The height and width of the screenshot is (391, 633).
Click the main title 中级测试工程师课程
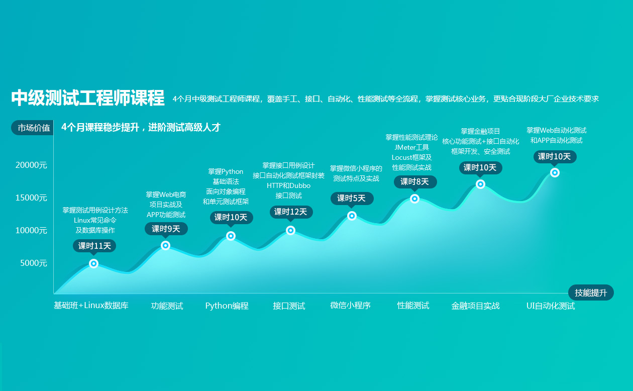click(87, 98)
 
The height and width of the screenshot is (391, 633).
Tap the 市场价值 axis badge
click(33, 128)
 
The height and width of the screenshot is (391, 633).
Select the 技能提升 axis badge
click(591, 292)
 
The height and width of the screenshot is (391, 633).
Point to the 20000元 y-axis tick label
click(31, 165)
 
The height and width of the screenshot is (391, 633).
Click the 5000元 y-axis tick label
click(33, 263)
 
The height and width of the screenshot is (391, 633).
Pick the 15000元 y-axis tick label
click(31, 198)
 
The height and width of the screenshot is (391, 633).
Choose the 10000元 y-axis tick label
click(31, 230)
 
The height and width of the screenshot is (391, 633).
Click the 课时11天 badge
click(94, 246)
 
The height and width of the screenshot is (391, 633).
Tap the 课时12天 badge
click(291, 212)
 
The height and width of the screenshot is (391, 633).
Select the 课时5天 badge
click(352, 198)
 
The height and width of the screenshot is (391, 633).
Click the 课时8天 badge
click(415, 181)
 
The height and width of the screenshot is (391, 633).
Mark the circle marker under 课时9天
click(166, 245)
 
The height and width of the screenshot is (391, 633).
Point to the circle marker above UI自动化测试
click(555, 172)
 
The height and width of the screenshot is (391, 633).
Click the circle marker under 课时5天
click(352, 216)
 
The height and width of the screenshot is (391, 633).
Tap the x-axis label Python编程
click(227, 306)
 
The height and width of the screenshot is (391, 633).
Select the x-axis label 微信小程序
click(351, 306)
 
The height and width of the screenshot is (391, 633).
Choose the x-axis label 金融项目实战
click(475, 306)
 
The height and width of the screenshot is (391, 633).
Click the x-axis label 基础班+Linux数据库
click(91, 306)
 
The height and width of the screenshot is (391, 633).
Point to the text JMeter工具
click(411, 147)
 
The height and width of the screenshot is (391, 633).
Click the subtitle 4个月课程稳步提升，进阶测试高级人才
click(141, 128)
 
